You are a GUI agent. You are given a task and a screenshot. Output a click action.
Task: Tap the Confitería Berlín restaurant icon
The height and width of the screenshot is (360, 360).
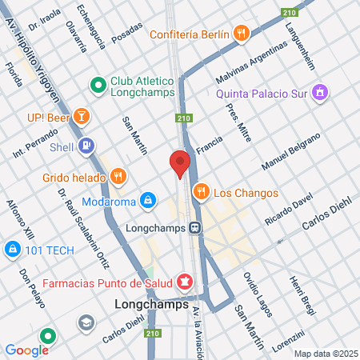click(243, 34)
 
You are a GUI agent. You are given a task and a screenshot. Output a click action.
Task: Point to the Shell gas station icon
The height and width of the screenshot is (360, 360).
click(87, 146)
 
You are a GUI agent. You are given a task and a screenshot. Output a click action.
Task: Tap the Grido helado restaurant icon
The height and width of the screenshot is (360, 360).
click(118, 174)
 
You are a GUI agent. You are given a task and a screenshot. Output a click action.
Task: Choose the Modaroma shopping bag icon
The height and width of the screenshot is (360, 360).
click(147, 199)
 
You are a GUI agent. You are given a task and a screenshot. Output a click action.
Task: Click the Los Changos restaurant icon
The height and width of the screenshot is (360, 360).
click(200, 192)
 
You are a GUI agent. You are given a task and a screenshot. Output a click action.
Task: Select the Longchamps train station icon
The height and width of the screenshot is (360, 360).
click(194, 227)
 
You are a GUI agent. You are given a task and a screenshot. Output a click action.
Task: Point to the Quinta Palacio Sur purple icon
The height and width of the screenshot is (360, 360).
click(319, 91)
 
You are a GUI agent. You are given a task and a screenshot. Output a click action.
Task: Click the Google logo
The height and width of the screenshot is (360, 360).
click(26, 350)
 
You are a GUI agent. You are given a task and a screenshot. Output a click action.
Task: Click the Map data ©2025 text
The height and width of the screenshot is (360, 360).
click(325, 354)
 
